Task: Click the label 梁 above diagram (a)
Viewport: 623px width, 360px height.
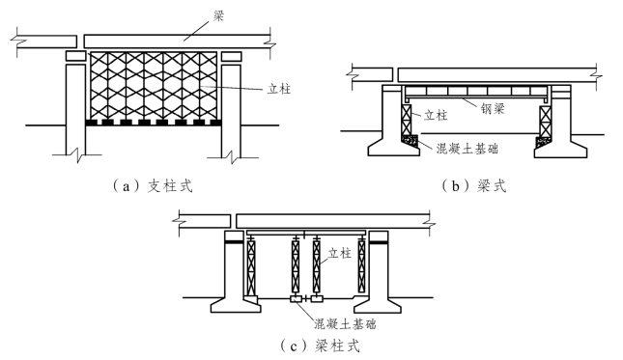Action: (218, 15)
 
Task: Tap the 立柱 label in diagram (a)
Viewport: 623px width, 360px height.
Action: (279, 89)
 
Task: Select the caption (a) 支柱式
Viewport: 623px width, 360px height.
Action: (154, 185)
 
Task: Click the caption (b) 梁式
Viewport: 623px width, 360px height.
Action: (474, 185)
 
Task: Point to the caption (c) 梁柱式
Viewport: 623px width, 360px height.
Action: (321, 346)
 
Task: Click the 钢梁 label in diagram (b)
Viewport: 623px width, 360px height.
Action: (493, 109)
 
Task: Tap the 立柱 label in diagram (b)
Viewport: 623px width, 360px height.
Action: (436, 116)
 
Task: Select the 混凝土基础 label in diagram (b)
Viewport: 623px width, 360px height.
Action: (467, 149)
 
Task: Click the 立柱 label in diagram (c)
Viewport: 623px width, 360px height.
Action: (340, 253)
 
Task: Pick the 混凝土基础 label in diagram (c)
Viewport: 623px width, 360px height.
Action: (345, 324)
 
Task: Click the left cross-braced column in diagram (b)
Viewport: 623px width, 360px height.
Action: (407, 120)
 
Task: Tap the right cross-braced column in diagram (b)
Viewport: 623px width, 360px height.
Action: (545, 121)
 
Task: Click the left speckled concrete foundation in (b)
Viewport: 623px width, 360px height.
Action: (411, 141)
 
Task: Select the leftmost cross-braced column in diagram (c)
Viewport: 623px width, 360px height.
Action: (251, 267)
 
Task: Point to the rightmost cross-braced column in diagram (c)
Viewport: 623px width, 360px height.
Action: (361, 266)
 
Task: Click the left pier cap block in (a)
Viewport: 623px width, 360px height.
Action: (75, 56)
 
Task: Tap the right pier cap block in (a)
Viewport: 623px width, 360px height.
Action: (231, 56)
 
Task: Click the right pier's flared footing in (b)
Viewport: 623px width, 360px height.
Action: (561, 148)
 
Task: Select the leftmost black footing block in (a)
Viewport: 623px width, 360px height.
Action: (92, 123)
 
